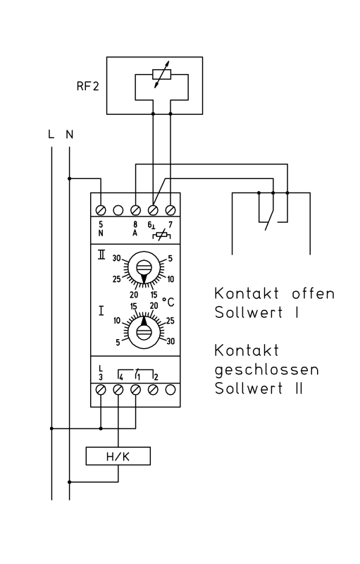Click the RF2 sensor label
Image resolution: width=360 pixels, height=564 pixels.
pyautogui.click(x=87, y=86)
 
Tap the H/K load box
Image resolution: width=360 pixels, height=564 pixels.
pyautogui.click(x=118, y=456)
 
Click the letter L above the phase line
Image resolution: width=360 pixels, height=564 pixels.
pyautogui.click(x=51, y=135)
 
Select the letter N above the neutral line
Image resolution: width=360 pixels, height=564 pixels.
pyautogui.click(x=69, y=135)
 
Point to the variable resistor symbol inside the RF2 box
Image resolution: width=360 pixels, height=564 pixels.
pyautogui.click(x=161, y=75)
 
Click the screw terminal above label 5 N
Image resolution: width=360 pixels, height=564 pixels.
pyautogui.click(x=101, y=210)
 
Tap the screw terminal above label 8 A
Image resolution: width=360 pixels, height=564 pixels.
pyautogui.click(x=135, y=210)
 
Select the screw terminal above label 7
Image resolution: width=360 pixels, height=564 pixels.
pyautogui.click(x=170, y=210)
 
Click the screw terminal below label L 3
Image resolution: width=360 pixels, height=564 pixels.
pyautogui.click(x=101, y=390)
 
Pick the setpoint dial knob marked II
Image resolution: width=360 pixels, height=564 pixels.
pyautogui.click(x=144, y=268)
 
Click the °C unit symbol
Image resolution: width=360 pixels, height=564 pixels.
pyautogui.click(x=168, y=302)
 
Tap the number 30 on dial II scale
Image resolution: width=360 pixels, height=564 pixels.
pyautogui.click(x=116, y=258)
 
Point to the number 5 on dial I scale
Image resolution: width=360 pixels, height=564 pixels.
pyautogui.click(x=118, y=343)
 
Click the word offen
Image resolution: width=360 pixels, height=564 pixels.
pyautogui.click(x=313, y=293)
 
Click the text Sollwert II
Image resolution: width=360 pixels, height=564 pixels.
pyautogui.click(x=259, y=388)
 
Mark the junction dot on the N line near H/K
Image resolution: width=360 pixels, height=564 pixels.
pyautogui.click(x=69, y=482)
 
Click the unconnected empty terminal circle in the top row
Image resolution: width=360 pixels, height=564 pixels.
pyautogui.click(x=118, y=210)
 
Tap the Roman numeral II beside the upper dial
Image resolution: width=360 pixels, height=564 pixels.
pyautogui.click(x=101, y=255)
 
